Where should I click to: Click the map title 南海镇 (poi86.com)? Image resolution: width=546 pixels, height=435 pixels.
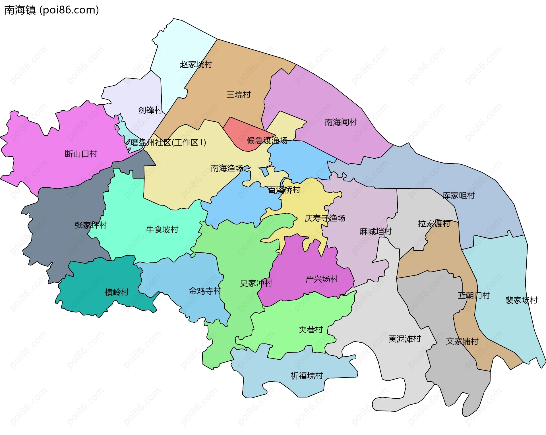(x=52, y=10)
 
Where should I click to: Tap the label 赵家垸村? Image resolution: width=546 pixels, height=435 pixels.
(x=196, y=65)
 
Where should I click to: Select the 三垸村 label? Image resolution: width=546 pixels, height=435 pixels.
(x=238, y=95)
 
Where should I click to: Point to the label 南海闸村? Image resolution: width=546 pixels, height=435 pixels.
(x=341, y=122)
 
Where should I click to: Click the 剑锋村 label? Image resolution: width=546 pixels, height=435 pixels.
(x=150, y=110)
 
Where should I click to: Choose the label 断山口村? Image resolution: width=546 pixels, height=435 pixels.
(x=81, y=154)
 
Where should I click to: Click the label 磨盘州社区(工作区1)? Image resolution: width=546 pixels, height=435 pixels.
(x=168, y=142)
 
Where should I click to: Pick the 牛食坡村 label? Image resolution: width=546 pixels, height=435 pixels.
(x=162, y=229)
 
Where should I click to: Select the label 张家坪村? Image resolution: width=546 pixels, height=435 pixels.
(x=91, y=225)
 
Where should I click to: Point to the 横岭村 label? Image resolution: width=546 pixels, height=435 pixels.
(x=117, y=292)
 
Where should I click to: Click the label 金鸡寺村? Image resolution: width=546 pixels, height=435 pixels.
(x=205, y=291)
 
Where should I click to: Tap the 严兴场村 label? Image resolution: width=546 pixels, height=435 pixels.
(x=322, y=279)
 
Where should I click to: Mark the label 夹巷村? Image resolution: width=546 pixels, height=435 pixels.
(x=311, y=330)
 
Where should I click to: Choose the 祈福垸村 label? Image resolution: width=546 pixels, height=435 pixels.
(x=307, y=376)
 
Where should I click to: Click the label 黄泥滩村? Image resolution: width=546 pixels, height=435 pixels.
(x=404, y=339)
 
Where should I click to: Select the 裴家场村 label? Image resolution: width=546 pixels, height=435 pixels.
(x=521, y=300)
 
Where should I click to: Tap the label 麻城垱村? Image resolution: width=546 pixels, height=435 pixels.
(x=375, y=231)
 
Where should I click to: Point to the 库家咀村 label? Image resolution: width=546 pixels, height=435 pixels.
(x=458, y=196)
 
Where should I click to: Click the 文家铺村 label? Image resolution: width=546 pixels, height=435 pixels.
(x=462, y=341)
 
